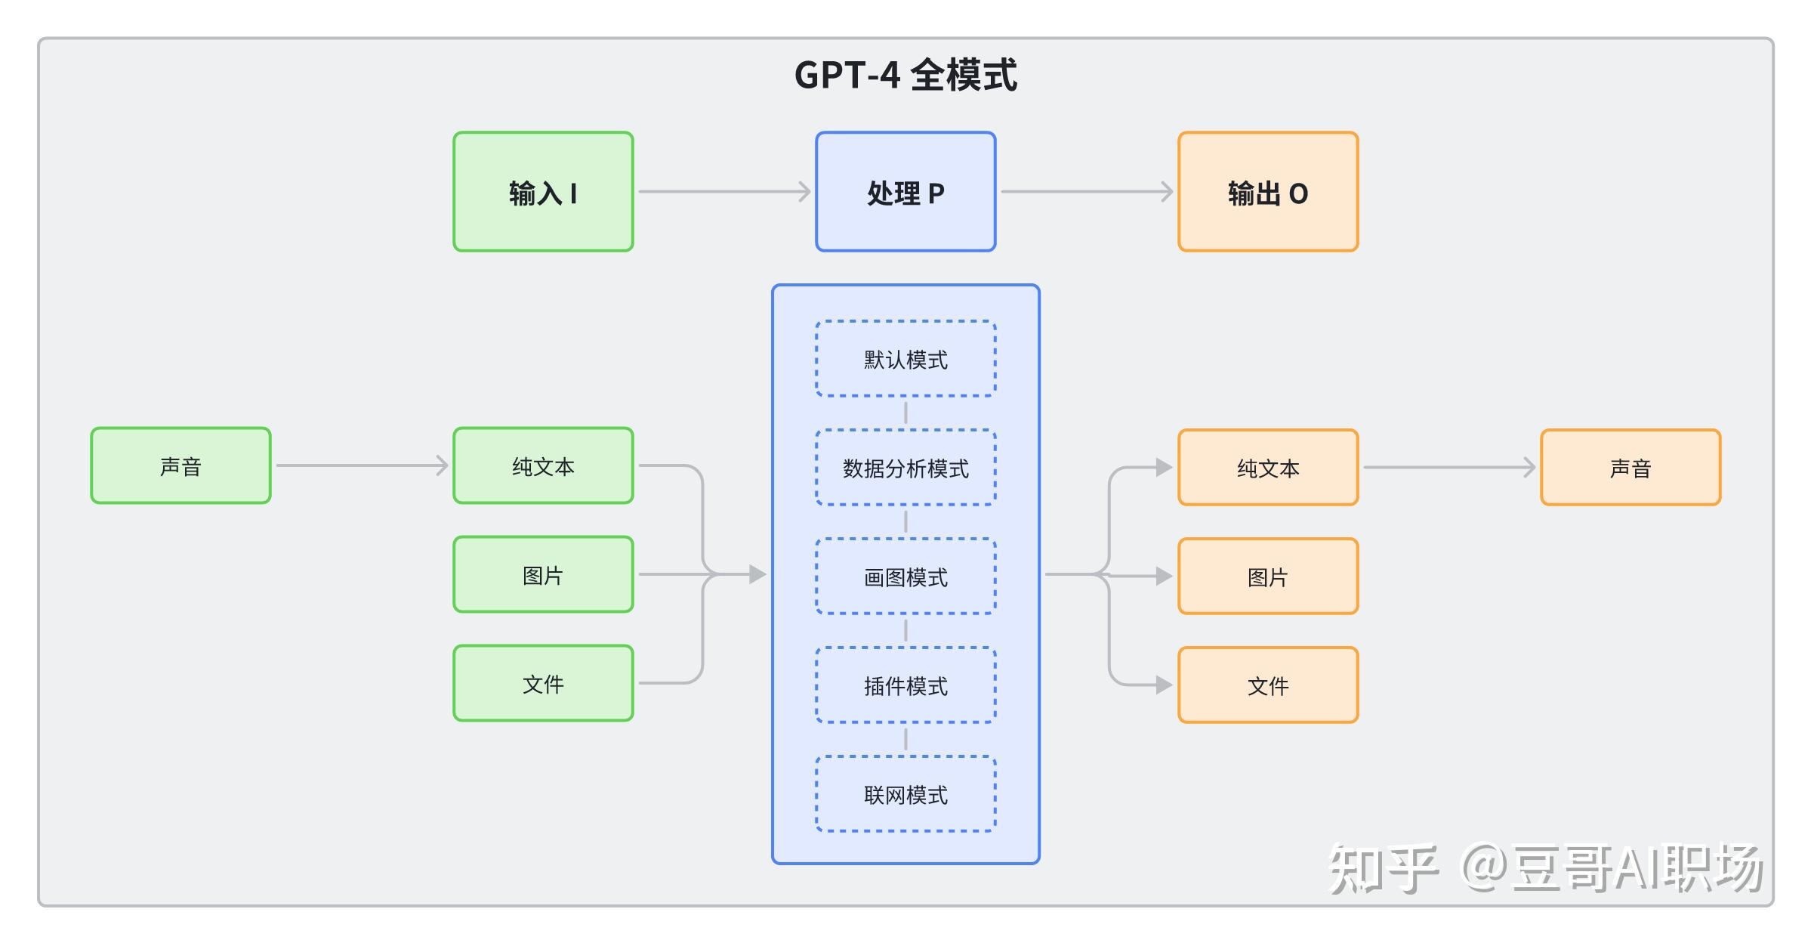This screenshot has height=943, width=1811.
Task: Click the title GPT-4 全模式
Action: [x=905, y=75]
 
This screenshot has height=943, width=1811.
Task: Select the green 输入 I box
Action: [x=543, y=192]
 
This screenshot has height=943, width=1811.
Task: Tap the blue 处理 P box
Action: [x=905, y=192]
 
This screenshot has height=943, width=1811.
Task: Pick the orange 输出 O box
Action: [x=1268, y=192]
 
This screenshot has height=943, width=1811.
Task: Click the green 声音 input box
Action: [x=180, y=465]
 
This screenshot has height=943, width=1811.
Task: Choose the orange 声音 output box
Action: [x=1631, y=467]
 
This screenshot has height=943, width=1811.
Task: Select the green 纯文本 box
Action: [x=543, y=465]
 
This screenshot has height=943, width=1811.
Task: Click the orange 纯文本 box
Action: [x=1268, y=467]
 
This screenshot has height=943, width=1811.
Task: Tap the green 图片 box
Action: [x=543, y=574]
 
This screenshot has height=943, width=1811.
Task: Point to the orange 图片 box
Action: [x=1268, y=576]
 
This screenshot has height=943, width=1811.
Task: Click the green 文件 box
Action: [x=543, y=683]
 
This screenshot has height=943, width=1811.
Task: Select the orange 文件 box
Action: [x=1268, y=685]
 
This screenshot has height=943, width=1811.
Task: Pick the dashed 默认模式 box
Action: [x=905, y=359]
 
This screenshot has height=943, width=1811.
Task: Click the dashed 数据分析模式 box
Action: [x=905, y=468]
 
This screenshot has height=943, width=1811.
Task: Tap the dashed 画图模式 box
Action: [x=905, y=577]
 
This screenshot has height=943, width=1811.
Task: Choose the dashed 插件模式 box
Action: [x=905, y=685]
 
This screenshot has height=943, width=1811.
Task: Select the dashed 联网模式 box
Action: [x=905, y=794]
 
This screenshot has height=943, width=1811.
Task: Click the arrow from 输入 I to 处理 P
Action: [x=723, y=192]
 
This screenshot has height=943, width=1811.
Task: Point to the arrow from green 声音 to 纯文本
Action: [x=361, y=465]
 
